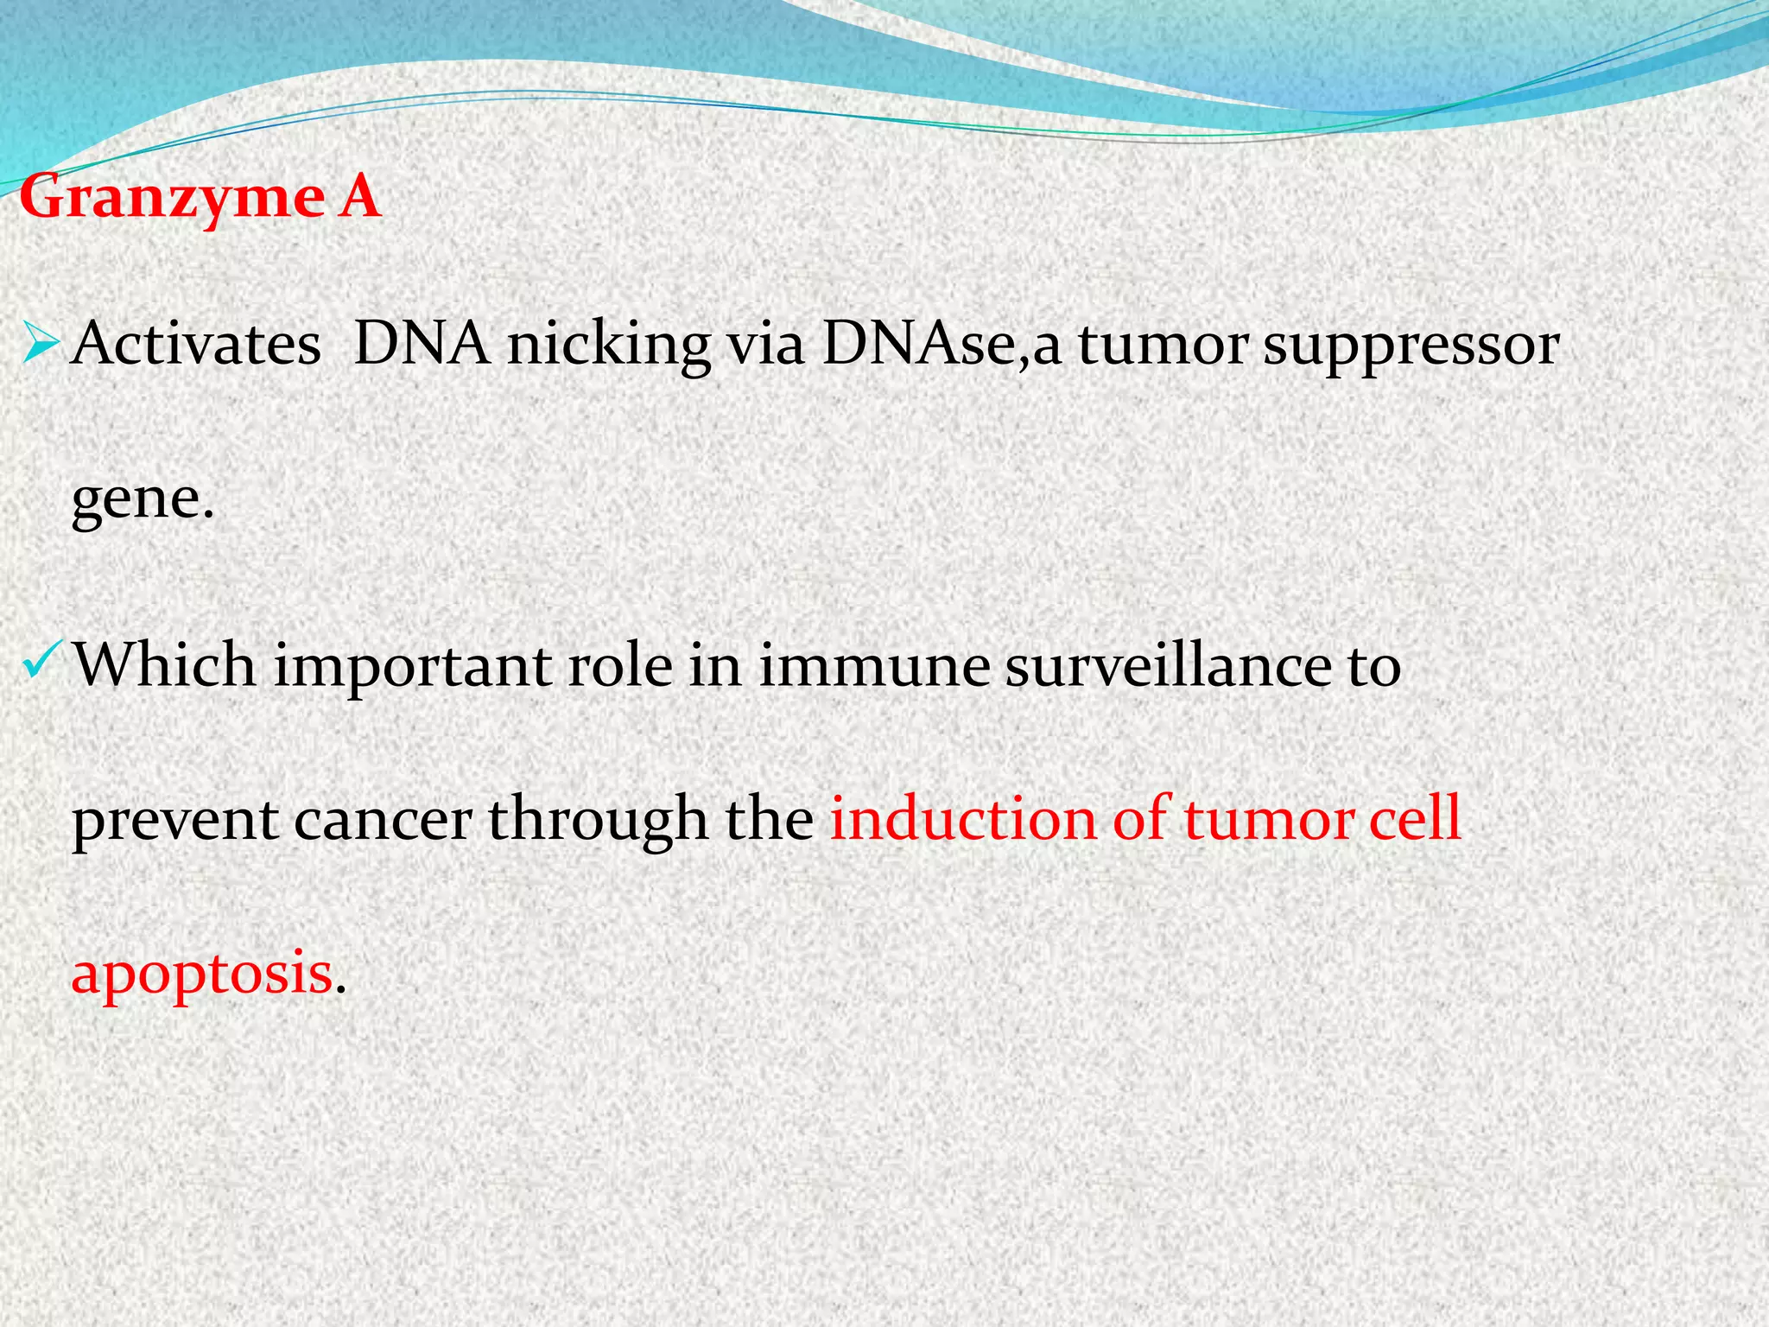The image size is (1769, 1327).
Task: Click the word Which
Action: (x=164, y=666)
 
